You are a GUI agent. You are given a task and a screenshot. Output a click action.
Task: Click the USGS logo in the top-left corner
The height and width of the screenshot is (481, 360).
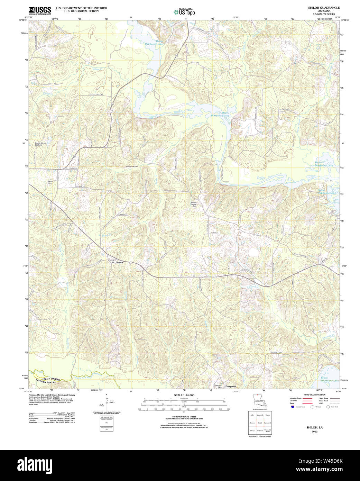40,10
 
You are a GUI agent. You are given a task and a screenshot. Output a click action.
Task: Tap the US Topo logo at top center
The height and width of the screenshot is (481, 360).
184,12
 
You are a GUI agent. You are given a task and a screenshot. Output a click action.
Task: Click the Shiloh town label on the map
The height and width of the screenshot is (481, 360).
120,263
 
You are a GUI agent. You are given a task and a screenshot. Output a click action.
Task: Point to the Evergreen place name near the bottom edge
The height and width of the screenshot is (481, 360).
231,386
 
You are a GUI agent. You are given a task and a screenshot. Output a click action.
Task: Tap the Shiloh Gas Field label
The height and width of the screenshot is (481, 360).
132,166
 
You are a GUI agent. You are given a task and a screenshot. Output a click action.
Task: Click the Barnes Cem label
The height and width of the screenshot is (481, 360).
51,181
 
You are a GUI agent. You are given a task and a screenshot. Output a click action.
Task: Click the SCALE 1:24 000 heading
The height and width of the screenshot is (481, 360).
184,395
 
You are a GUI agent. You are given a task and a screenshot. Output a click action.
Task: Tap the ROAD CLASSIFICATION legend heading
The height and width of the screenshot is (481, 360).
314,395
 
